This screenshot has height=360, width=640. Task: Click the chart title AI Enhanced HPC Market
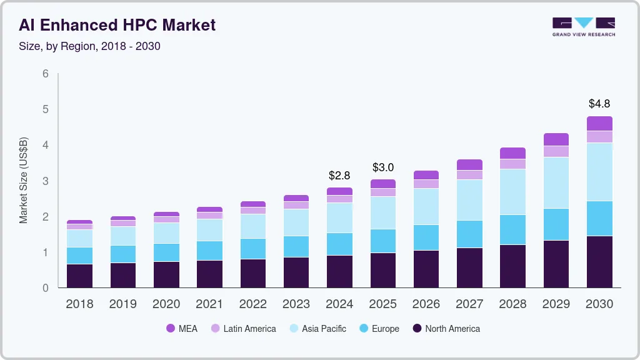click(117, 25)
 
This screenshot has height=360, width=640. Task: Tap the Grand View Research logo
click(583, 26)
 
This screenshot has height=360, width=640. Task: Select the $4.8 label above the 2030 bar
click(599, 104)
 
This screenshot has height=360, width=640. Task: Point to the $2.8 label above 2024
click(339, 176)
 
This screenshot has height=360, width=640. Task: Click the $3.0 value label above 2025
click(382, 167)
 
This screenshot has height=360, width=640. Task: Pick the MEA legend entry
click(181, 329)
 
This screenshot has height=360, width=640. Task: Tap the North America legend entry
click(446, 329)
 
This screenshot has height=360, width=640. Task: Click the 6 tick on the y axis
click(46, 74)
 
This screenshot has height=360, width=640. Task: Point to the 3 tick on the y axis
click(46, 181)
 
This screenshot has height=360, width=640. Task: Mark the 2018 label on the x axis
click(79, 304)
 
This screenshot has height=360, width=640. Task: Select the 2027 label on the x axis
click(469, 304)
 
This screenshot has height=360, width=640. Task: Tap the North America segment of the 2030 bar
click(599, 262)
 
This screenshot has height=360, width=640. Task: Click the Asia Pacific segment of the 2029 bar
click(556, 182)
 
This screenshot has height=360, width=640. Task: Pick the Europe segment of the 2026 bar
click(426, 237)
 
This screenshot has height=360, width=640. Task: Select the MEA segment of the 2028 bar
click(512, 153)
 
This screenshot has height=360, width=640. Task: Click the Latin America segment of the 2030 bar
click(599, 137)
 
